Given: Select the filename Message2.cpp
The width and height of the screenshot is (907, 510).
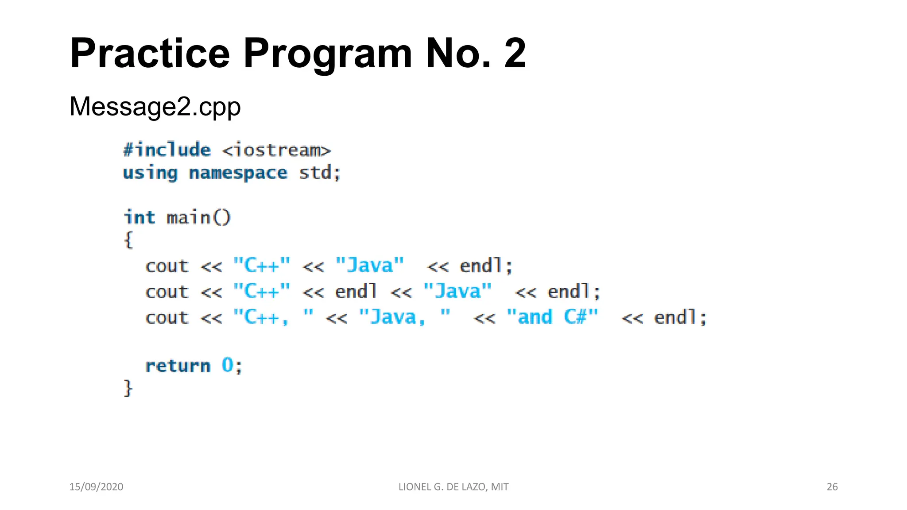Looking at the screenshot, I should pyautogui.click(x=155, y=107).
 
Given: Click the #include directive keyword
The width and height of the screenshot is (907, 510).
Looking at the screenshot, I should pyautogui.click(x=167, y=150).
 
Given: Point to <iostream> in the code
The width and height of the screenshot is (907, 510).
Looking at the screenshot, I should pyautogui.click(x=277, y=151).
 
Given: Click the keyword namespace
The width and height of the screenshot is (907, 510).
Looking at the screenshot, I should pyautogui.click(x=238, y=173).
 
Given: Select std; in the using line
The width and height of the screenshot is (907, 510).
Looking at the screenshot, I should pyautogui.click(x=319, y=173).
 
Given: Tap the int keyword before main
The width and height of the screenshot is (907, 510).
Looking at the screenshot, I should pyautogui.click(x=139, y=217).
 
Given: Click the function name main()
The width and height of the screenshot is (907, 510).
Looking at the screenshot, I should pyautogui.click(x=198, y=217).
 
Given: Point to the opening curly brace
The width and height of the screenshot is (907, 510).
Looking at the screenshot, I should pyautogui.click(x=128, y=240).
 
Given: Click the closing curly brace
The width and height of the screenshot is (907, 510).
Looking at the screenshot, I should pyautogui.click(x=128, y=388).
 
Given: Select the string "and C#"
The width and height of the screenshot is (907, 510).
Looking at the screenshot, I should pyautogui.click(x=552, y=317).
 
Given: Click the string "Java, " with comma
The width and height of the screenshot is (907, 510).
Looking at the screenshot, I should pyautogui.click(x=404, y=317).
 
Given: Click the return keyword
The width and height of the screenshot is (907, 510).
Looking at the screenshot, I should pyautogui.click(x=178, y=366).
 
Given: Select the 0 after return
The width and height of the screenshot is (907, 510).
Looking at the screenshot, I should pyautogui.click(x=227, y=365).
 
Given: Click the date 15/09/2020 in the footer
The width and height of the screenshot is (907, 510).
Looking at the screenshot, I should pyautogui.click(x=96, y=487).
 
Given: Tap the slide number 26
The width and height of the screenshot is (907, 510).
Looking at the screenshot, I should pyautogui.click(x=832, y=487).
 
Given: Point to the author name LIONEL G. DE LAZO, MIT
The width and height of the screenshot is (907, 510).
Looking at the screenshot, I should pyautogui.click(x=453, y=487).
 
